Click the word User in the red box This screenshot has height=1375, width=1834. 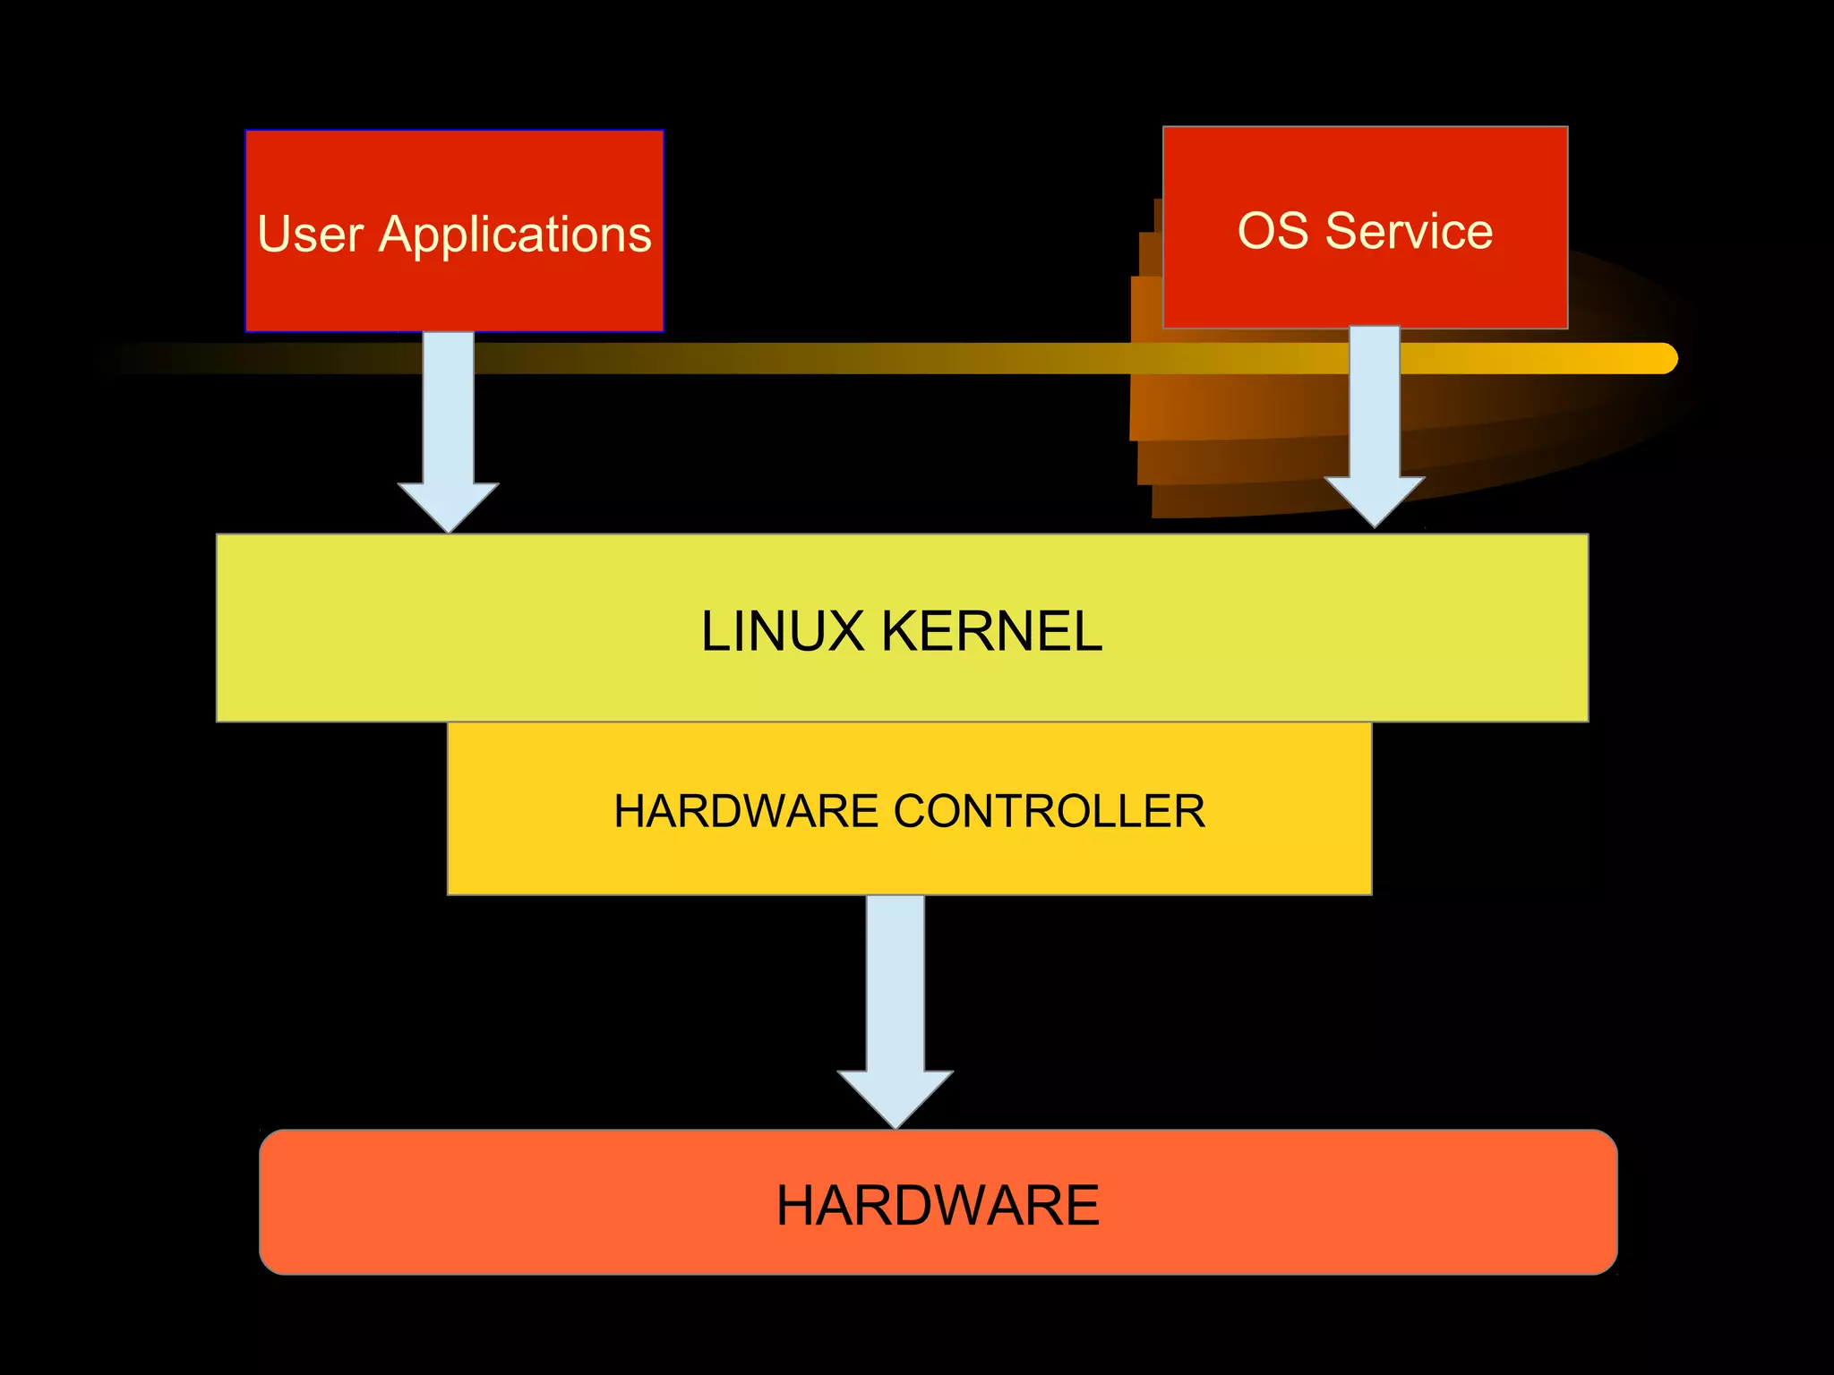point(310,235)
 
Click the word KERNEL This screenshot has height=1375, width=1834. point(991,631)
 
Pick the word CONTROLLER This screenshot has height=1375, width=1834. point(1049,811)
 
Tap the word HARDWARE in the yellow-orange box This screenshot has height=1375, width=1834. point(746,811)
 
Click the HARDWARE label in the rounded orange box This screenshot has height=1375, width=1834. point(937,1205)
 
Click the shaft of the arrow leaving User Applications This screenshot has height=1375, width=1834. point(448,407)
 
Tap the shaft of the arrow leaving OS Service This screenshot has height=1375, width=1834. point(1374,403)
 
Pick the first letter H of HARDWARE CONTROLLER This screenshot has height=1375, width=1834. point(630,811)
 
